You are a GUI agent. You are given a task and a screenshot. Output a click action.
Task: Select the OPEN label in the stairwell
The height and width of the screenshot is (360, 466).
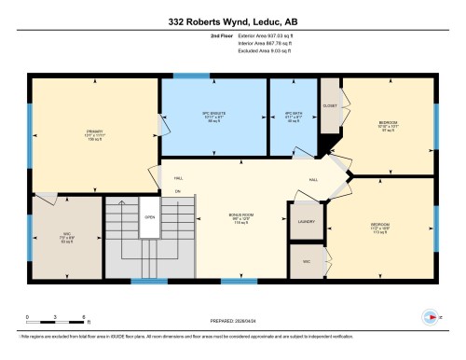148,218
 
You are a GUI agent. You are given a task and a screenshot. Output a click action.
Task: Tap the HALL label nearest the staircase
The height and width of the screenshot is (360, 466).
178,178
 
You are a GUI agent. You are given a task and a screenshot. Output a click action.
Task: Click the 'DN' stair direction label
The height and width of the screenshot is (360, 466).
177,192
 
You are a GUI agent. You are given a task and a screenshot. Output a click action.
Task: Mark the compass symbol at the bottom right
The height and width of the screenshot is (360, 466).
430,317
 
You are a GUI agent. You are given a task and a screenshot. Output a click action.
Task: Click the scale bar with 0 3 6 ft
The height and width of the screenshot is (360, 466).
43,321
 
